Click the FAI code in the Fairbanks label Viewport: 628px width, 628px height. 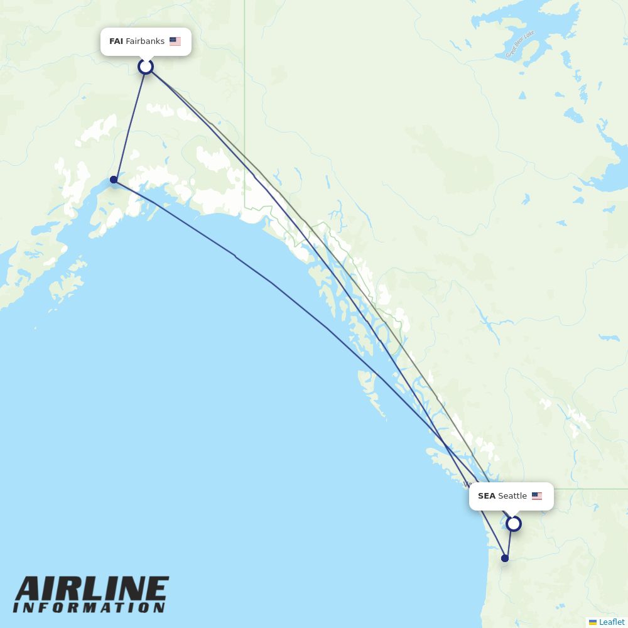116,41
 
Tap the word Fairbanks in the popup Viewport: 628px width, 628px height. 145,41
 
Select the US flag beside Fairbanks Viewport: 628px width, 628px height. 175,41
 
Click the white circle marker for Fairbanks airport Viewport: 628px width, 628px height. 146,67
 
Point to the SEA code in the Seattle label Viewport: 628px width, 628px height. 486,496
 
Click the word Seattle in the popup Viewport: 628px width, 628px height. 512,496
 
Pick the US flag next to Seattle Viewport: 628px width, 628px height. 537,496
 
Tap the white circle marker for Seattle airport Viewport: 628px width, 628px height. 514,523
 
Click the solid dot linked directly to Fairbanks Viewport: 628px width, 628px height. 114,180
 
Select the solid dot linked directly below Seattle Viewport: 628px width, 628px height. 505,558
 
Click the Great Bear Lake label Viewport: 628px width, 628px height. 520,44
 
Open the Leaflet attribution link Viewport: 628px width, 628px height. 612,622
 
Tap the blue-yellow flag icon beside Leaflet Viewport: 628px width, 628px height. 593,622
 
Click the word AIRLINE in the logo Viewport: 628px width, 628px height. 91,590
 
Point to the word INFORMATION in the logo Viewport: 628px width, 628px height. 89,608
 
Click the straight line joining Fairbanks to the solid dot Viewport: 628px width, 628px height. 130,122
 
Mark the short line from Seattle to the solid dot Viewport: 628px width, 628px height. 509,541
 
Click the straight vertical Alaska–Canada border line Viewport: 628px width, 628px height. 245,94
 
